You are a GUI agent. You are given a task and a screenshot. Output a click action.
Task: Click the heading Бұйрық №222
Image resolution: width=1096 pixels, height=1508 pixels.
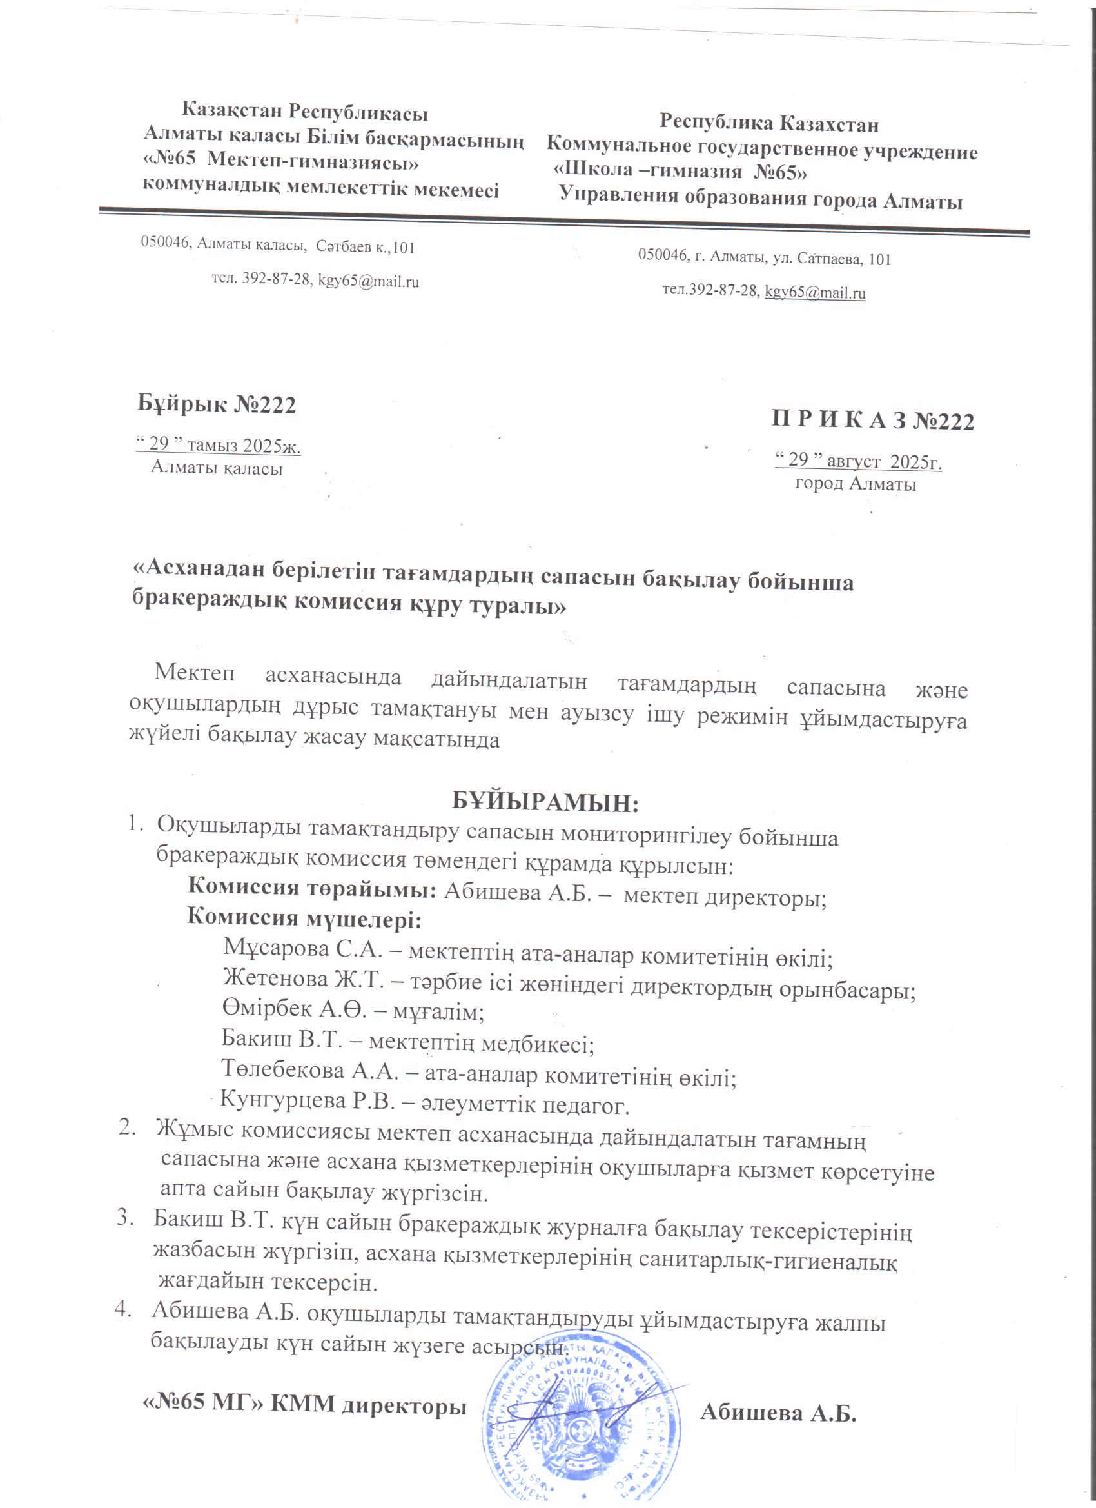217,404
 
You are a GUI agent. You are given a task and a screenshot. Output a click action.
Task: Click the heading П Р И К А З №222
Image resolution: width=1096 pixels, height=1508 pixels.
872,422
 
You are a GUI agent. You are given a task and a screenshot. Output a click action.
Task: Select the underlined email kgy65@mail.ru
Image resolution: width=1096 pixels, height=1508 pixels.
815,292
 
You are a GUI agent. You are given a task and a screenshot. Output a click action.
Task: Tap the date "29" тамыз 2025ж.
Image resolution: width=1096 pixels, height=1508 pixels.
218,445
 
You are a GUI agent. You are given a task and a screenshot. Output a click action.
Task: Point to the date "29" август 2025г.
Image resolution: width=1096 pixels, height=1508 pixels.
858,461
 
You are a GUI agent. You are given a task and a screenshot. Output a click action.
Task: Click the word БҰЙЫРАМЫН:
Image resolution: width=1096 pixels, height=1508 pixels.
545,802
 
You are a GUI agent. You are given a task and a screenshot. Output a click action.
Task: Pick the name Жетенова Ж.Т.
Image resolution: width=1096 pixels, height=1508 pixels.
302,977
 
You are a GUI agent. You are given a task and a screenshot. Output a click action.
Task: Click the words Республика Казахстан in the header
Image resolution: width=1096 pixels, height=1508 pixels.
769,124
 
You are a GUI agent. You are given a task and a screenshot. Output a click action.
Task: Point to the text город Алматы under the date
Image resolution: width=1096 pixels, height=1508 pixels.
856,484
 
